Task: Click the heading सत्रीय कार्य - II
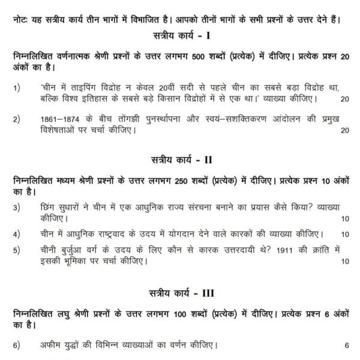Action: (179, 161)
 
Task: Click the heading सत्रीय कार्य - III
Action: (179, 294)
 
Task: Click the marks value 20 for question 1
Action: (344, 98)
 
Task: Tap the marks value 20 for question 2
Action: (344, 130)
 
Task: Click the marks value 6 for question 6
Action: (346, 346)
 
